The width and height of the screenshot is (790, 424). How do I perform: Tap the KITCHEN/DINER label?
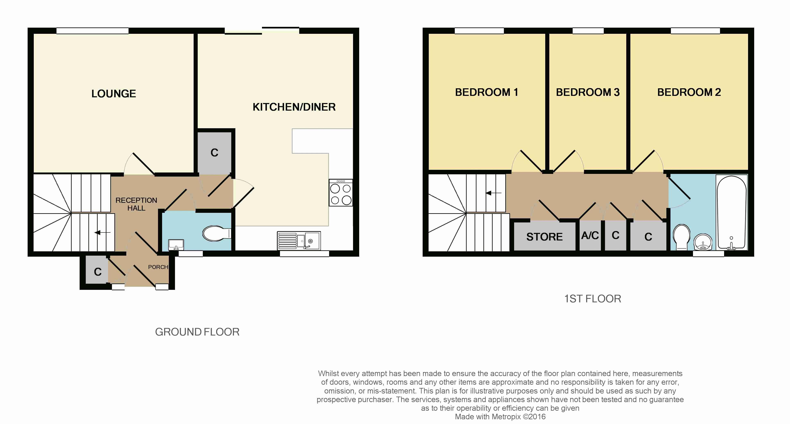point(294,107)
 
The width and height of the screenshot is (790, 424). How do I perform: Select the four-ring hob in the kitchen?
point(341,193)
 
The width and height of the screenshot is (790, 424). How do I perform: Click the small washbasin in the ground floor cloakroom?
point(176,245)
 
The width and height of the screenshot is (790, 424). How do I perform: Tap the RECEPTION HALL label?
point(136,204)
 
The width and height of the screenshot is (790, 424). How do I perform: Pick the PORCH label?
point(158,267)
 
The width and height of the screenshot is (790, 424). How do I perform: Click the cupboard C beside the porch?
point(98,272)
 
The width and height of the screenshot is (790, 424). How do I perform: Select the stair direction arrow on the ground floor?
point(102,233)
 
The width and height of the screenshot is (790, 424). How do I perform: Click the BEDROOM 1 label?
point(486,92)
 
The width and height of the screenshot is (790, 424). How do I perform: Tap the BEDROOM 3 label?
point(588,92)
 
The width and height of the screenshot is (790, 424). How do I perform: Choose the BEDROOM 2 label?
point(689,92)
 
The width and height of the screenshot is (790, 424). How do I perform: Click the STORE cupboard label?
point(544,237)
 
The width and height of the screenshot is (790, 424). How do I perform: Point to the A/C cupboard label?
point(590,236)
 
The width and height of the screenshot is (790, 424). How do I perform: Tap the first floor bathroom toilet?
point(682,237)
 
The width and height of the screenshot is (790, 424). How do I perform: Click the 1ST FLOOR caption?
point(592,299)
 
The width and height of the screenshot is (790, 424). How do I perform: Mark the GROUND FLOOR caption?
point(197,332)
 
